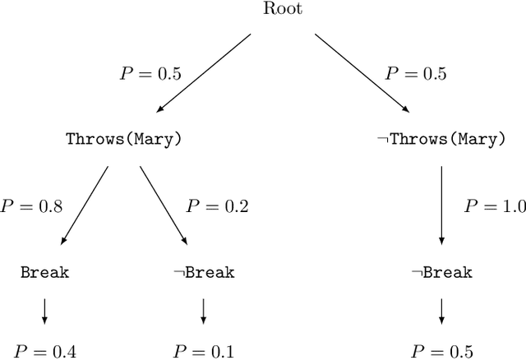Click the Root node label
point(283,9)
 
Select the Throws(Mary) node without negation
point(123,139)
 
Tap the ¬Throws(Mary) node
point(441,139)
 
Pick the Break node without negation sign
point(44,272)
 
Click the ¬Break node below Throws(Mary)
point(203,272)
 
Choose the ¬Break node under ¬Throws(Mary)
point(441,272)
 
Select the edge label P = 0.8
point(30,205)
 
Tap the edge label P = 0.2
point(215,205)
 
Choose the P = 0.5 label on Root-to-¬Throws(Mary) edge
point(416,74)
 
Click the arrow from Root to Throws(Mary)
point(203,72)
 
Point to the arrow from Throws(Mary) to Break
point(85,205)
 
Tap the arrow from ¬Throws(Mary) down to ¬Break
point(441,205)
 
